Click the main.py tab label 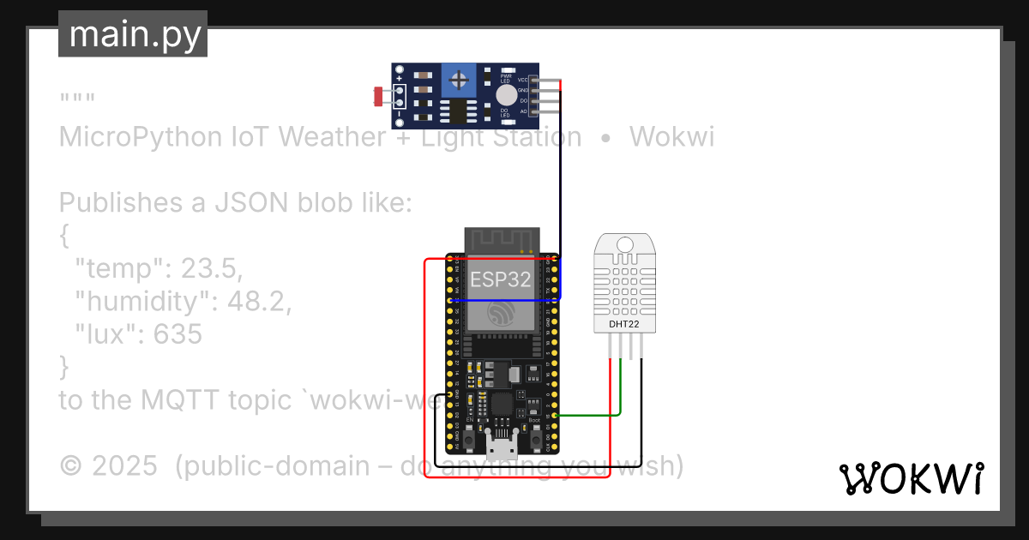pos(133,34)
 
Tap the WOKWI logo pos(911,479)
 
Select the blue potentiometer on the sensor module pos(460,82)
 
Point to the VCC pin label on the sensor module pos(521,80)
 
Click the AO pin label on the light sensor pos(522,111)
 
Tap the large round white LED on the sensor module pos(507,95)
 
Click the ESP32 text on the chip pos(500,279)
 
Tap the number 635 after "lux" pos(178,334)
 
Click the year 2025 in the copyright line pos(124,466)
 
